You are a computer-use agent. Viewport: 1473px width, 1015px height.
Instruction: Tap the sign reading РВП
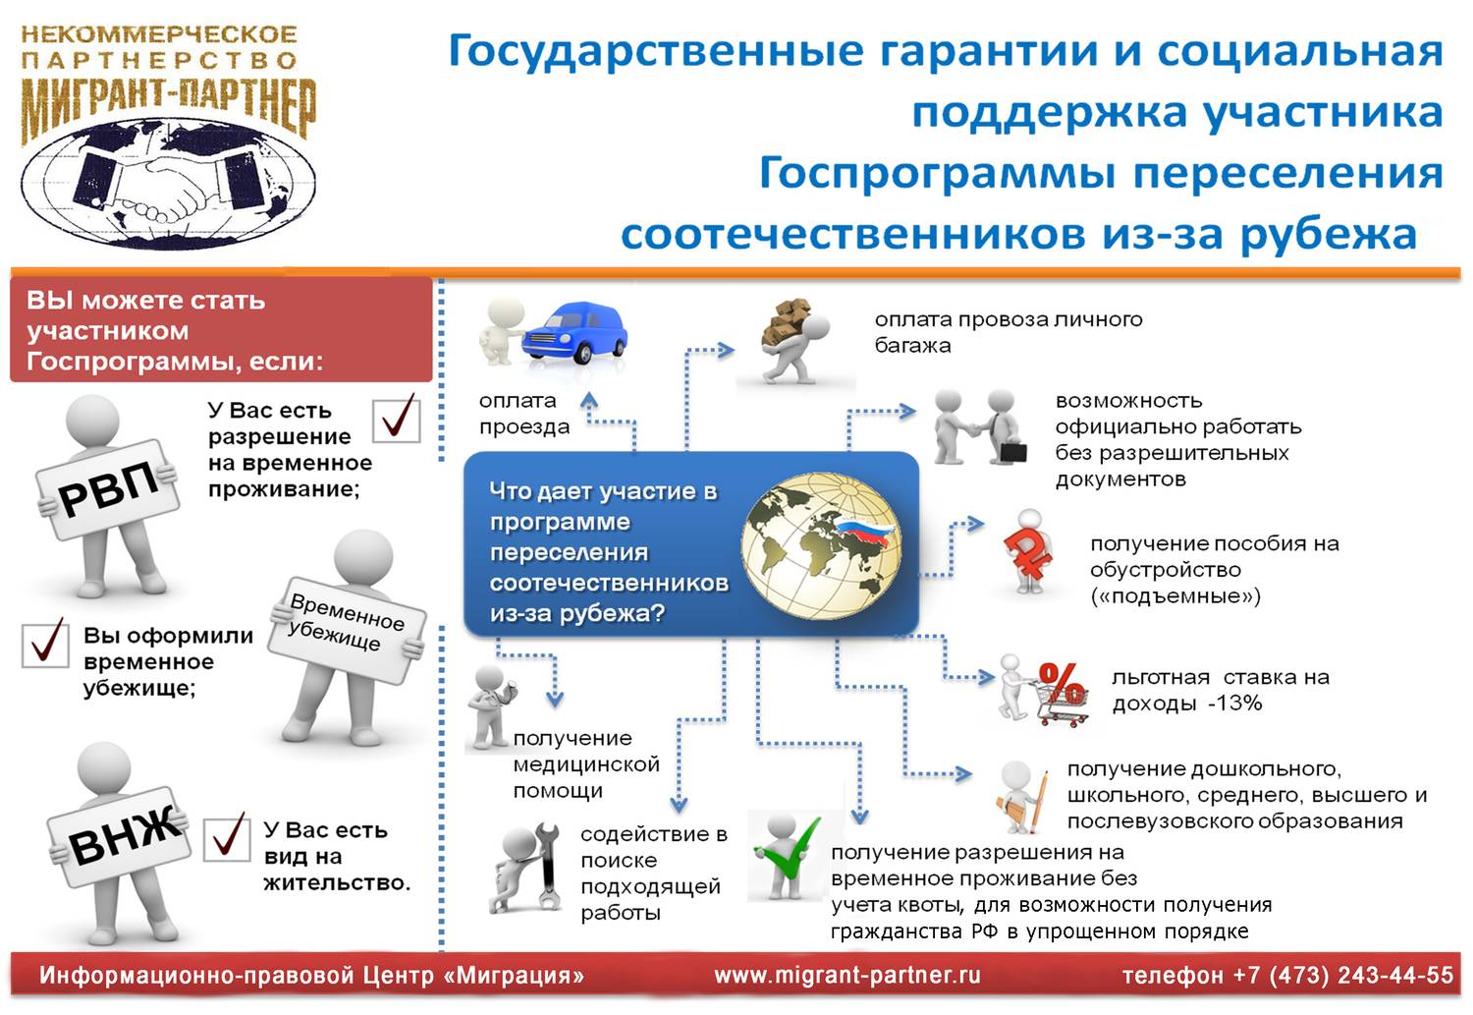click(x=108, y=487)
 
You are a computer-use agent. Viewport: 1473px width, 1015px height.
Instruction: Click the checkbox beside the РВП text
click(x=397, y=419)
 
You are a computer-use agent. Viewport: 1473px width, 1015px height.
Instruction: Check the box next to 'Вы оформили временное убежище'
click(x=45, y=644)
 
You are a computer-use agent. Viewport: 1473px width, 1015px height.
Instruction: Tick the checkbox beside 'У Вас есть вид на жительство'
click(x=227, y=837)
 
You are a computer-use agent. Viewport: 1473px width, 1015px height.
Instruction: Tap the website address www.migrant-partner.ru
click(x=847, y=976)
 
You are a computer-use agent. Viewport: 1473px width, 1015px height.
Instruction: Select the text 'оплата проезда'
click(x=524, y=414)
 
